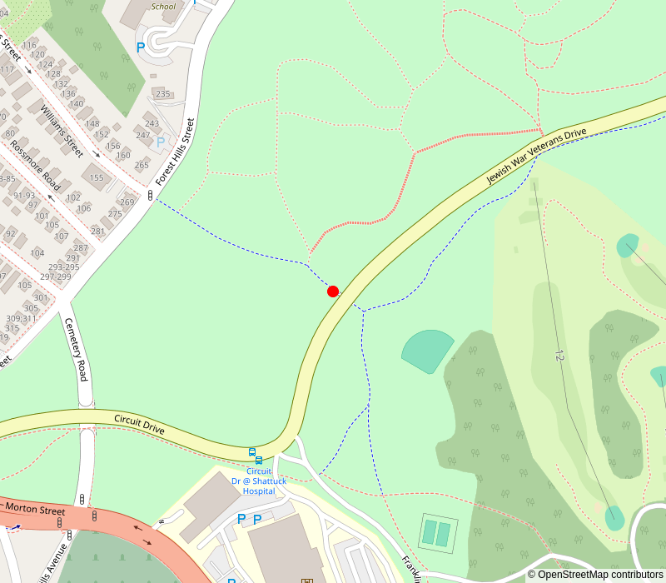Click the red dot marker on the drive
333,291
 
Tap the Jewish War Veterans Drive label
537,157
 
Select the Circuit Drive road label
139,424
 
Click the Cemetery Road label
76,351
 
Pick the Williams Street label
62,130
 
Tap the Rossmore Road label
35,164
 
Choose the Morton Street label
34,509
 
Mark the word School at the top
164,7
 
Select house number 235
162,94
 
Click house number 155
97,177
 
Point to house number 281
97,232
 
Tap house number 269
127,202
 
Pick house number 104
37,253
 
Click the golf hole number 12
559,354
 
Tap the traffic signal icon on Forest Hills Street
150,196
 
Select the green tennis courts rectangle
437,533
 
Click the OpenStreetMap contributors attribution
594,574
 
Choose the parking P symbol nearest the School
141,47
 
